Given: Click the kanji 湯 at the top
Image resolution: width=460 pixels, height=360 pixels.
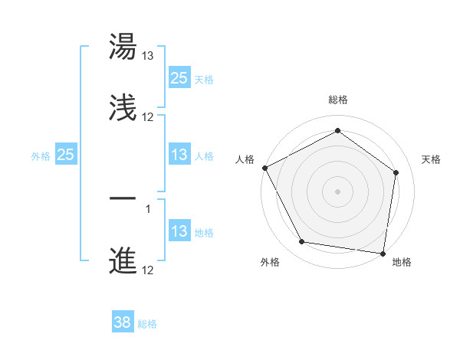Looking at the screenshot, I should pyautogui.click(x=123, y=46).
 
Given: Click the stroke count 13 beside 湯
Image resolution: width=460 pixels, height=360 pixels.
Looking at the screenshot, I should pyautogui.click(x=148, y=56).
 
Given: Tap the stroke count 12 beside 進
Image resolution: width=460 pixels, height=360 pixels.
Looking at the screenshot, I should pyautogui.click(x=148, y=270).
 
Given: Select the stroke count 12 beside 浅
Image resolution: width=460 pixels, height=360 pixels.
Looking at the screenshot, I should pyautogui.click(x=148, y=117).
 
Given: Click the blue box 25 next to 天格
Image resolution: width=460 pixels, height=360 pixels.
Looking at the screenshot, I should pyautogui.click(x=179, y=77).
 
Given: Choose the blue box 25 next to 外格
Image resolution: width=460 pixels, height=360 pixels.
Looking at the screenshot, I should pyautogui.click(x=66, y=155).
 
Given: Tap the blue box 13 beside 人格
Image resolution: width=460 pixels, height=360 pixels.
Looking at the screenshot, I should pyautogui.click(x=179, y=155).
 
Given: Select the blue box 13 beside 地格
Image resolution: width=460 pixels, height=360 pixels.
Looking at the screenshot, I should pyautogui.click(x=179, y=231).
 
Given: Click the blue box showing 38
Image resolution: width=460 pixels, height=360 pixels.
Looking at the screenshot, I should pyautogui.click(x=123, y=322).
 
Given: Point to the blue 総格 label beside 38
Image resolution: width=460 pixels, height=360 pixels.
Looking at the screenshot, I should pyautogui.click(x=147, y=324).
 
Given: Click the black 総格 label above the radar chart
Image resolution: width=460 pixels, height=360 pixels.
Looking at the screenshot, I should pyautogui.click(x=337, y=100).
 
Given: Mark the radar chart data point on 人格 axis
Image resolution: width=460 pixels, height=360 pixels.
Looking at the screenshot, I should pyautogui.click(x=265, y=168).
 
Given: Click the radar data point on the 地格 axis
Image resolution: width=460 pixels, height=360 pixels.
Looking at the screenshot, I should pyautogui.click(x=383, y=253).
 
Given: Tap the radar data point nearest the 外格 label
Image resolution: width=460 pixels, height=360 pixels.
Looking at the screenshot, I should pyautogui.click(x=301, y=243).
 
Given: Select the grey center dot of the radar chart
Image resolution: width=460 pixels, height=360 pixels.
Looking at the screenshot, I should pyautogui.click(x=337, y=191).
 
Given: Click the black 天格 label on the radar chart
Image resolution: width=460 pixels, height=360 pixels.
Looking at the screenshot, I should pyautogui.click(x=431, y=159).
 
